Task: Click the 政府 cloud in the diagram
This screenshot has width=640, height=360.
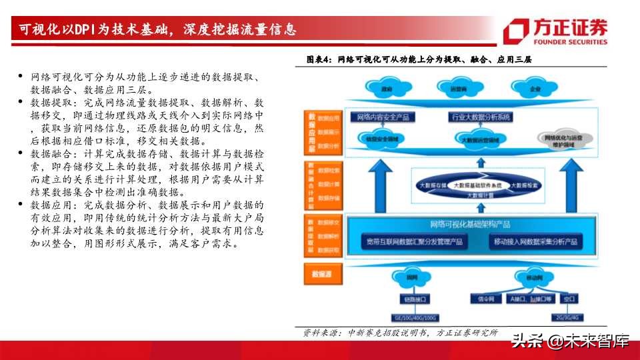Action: pos(386,88)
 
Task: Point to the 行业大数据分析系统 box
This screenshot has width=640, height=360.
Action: pos(481,117)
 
